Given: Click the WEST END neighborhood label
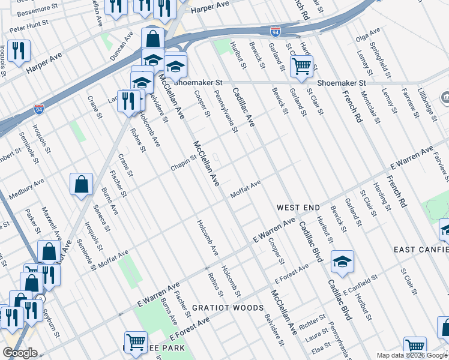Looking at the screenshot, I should click(x=298, y=208).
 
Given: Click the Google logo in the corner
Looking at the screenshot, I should click(x=20, y=353).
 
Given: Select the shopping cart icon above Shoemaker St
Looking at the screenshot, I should click(x=301, y=65).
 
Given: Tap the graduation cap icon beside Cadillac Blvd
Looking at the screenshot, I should click(x=342, y=262).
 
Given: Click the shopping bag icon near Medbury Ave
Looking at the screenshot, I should click(x=81, y=185).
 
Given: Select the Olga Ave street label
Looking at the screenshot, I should click(x=369, y=37).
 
